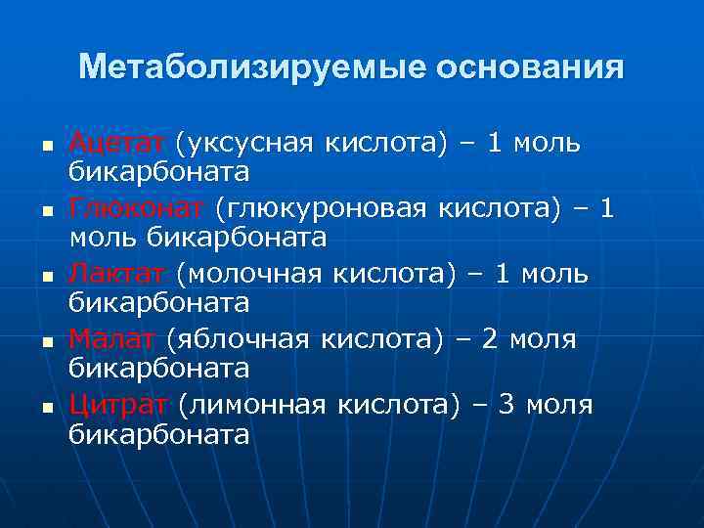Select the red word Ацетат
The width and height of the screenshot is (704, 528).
click(118, 144)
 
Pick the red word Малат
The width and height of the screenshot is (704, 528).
click(111, 339)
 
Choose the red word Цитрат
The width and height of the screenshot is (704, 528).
click(118, 405)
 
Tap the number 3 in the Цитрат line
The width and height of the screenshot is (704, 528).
click(506, 405)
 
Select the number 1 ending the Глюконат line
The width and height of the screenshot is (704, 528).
click(607, 208)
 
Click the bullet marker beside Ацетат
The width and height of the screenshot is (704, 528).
click(45, 146)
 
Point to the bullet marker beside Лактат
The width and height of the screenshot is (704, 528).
click(45, 277)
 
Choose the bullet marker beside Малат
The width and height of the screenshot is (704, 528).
click(45, 342)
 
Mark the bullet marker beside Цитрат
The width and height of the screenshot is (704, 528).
click(45, 407)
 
